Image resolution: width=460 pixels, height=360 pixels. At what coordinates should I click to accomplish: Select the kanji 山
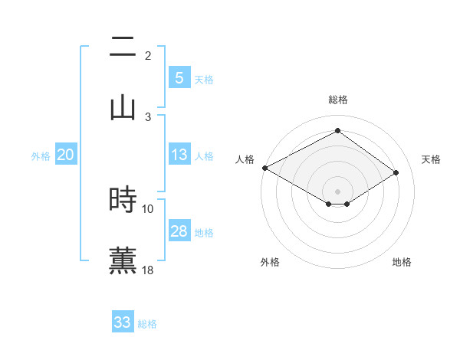point(123,107)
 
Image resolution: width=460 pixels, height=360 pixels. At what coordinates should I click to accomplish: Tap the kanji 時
point(123,200)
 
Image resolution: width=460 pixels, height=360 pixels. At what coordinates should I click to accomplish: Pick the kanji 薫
point(123,260)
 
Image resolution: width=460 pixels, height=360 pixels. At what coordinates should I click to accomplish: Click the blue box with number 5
point(179,77)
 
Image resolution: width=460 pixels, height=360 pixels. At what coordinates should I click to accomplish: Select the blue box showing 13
point(179,155)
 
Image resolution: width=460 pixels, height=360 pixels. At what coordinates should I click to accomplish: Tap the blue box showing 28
point(179,231)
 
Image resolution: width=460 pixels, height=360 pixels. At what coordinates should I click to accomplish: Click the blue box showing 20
point(65,155)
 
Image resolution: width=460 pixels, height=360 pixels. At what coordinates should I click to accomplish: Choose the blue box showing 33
point(122,322)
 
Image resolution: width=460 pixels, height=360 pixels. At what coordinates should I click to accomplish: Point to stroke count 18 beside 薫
point(148,270)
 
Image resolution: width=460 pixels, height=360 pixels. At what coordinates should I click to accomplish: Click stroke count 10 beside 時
point(148,208)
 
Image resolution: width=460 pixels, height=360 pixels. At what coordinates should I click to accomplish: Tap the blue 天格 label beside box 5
point(204,79)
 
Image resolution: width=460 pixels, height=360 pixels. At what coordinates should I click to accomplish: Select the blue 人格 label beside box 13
point(204,155)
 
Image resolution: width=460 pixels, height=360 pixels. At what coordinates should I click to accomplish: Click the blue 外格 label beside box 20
point(41,155)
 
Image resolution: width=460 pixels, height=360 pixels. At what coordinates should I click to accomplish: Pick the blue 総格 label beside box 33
point(147,323)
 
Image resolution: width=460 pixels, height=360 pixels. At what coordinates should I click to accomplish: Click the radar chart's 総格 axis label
point(337,100)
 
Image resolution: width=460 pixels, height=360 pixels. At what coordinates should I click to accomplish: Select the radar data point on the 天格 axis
point(396,173)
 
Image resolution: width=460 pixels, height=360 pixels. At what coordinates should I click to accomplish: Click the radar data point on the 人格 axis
point(264,168)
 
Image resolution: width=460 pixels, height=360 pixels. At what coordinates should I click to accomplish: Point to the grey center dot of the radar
point(337,191)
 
